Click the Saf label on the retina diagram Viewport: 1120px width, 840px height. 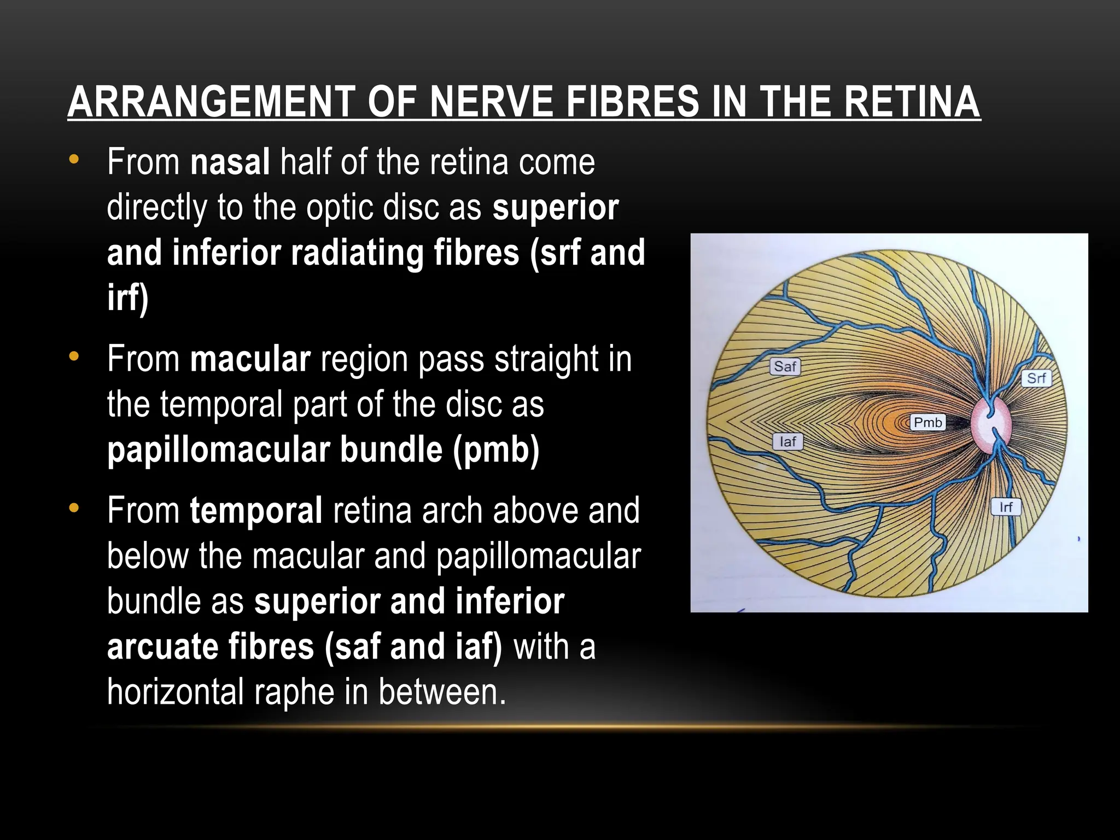tap(785, 366)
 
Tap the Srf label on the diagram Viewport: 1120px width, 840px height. tap(1036, 378)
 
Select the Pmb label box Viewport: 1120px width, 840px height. tap(928, 422)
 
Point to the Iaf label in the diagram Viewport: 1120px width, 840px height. tap(787, 441)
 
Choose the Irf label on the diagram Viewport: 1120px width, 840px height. tap(1006, 507)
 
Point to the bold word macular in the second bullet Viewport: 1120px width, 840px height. tap(250, 359)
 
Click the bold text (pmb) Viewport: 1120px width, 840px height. tap(496, 450)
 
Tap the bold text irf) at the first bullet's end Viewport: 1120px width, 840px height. tap(127, 298)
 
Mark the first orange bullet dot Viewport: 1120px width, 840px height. tap(74, 160)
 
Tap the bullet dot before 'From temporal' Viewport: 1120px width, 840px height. tap(74, 509)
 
